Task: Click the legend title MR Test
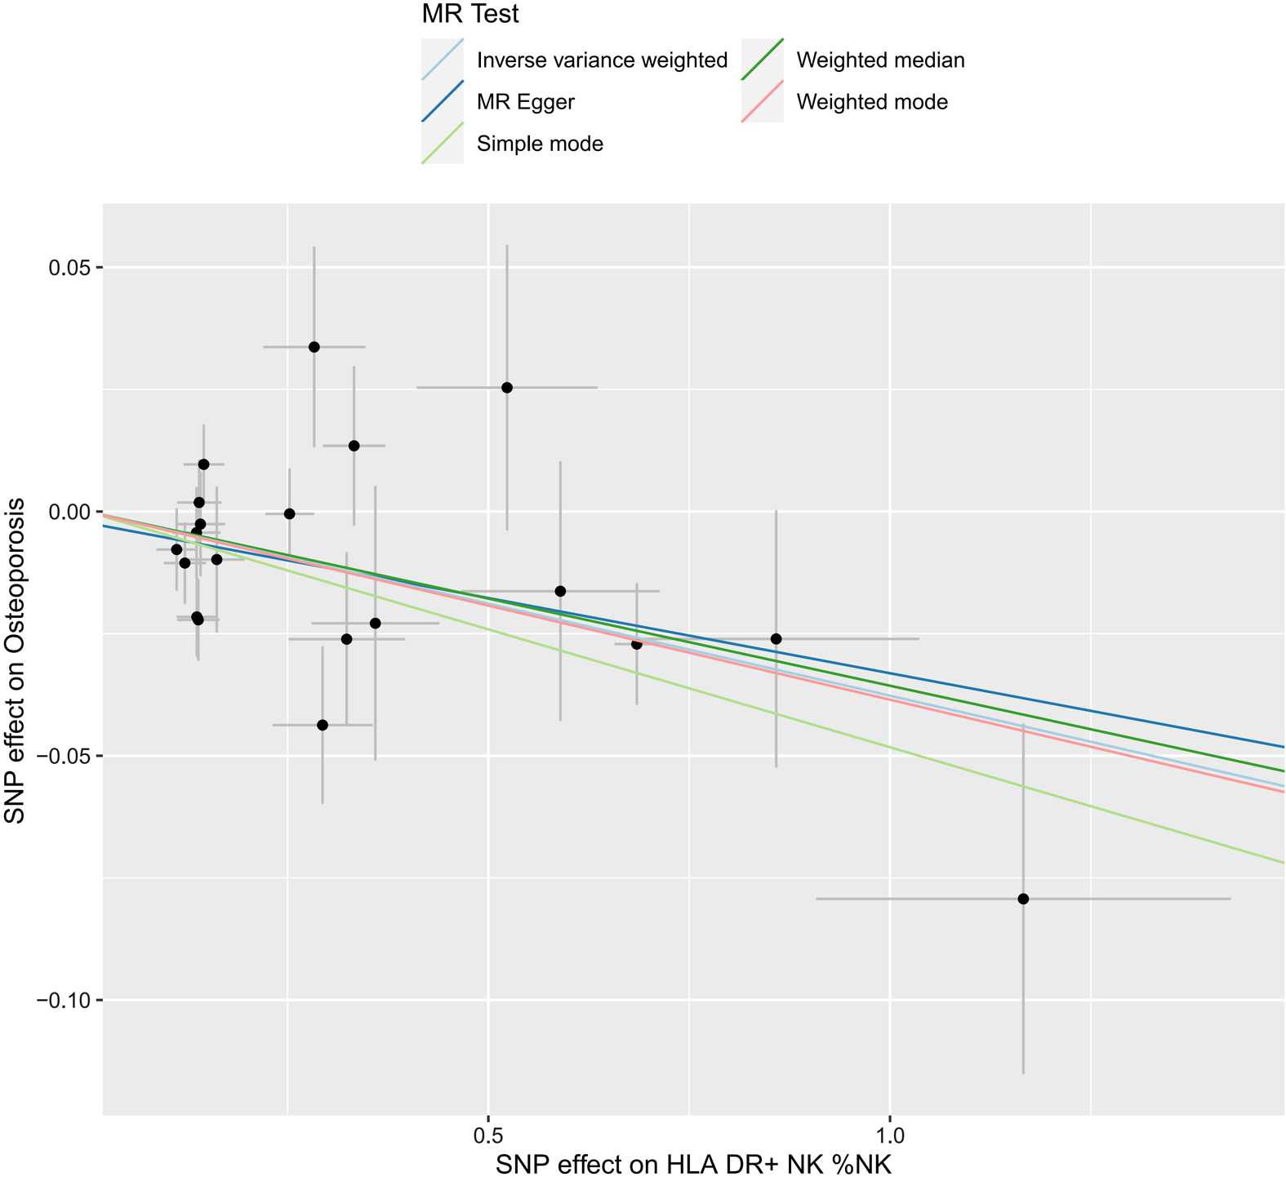pyautogui.click(x=470, y=14)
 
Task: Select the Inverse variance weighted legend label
pyautogui.click(x=602, y=60)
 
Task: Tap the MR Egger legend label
pyautogui.click(x=525, y=103)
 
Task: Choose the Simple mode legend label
pyautogui.click(x=540, y=144)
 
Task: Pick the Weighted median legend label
pyautogui.click(x=880, y=60)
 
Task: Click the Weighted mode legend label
pyautogui.click(x=872, y=103)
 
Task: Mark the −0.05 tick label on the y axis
pyautogui.click(x=64, y=756)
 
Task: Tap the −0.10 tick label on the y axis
pyautogui.click(x=64, y=1000)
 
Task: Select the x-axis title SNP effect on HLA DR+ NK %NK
pyautogui.click(x=693, y=1162)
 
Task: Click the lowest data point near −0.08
pyautogui.click(x=1023, y=899)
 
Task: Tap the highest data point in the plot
pyautogui.click(x=314, y=347)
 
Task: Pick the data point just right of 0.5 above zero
pyautogui.click(x=506, y=387)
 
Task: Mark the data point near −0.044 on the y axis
pyautogui.click(x=322, y=725)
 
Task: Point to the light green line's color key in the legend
pyautogui.click(x=443, y=144)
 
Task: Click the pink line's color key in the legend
pyautogui.click(x=763, y=102)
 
